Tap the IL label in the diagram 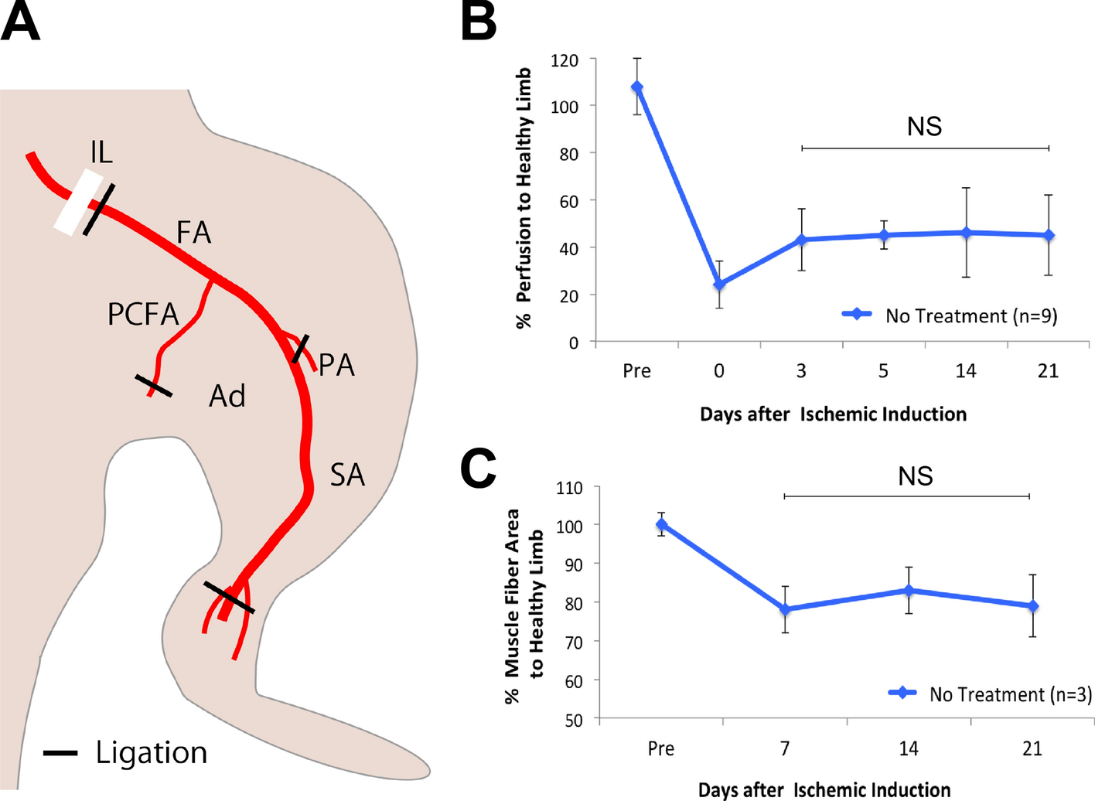[x=101, y=152]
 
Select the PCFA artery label [x=143, y=315]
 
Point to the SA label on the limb [x=347, y=475]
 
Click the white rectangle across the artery [x=78, y=203]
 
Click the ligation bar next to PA [x=300, y=349]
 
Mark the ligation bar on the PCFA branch [x=153, y=386]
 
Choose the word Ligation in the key [x=152, y=752]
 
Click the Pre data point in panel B [x=637, y=87]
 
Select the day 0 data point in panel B [x=719, y=285]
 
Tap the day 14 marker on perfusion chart [x=966, y=233]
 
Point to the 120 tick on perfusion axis [x=565, y=60]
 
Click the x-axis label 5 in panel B [x=883, y=371]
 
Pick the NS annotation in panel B [x=924, y=126]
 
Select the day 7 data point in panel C [x=785, y=609]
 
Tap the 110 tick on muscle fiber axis [x=569, y=488]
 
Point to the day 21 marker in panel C [x=1032, y=606]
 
